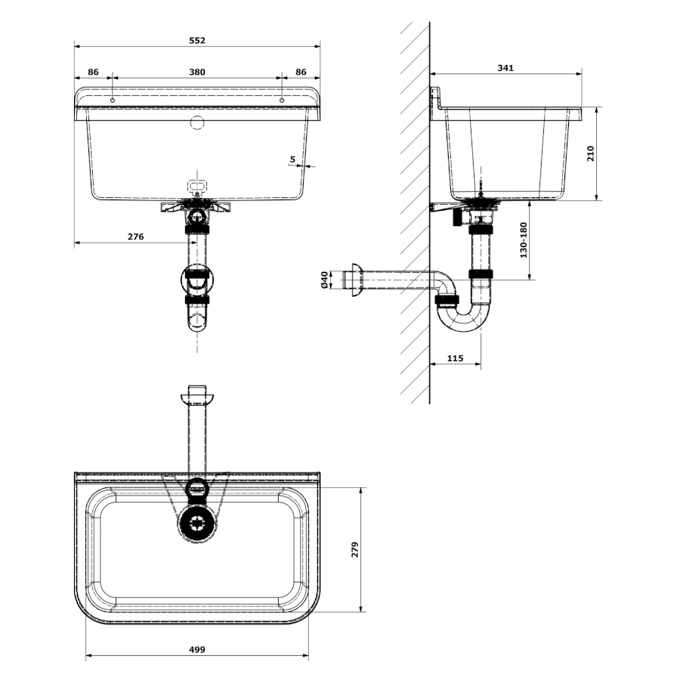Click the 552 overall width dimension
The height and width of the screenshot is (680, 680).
pyautogui.click(x=197, y=40)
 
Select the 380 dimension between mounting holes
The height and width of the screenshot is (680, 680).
pyautogui.click(x=197, y=72)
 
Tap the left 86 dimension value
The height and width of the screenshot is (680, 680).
pyautogui.click(x=93, y=72)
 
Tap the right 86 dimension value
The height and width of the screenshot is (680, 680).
pyautogui.click(x=301, y=72)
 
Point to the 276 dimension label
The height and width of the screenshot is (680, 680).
pyautogui.click(x=136, y=236)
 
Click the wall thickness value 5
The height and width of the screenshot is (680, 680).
pyautogui.click(x=292, y=159)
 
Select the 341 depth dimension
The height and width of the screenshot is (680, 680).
pyautogui.click(x=505, y=68)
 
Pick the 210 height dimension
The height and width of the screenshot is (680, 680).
pyautogui.click(x=590, y=153)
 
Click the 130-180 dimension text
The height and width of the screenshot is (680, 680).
pyautogui.click(x=524, y=240)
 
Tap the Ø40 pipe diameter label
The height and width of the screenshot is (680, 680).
pyautogui.click(x=324, y=280)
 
